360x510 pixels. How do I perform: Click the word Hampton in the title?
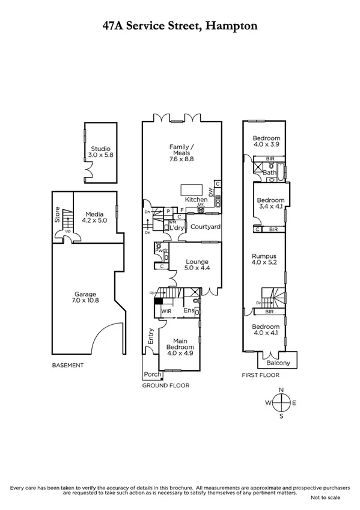pos(232,26)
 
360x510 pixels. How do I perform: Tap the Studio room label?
pos(101,148)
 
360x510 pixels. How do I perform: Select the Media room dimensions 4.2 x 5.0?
pos(94,221)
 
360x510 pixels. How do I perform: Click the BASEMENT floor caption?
pos(67,365)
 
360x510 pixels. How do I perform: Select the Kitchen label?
pos(196,199)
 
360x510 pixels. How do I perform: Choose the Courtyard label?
pos(206,227)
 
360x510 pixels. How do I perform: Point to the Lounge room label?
pos(197,262)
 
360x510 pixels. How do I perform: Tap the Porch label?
pos(153,374)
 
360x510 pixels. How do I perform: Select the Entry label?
pos(150,339)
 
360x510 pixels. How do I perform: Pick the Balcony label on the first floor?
pos(277,363)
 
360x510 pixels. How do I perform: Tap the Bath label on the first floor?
pos(269,173)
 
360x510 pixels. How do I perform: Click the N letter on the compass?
pos(281,390)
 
